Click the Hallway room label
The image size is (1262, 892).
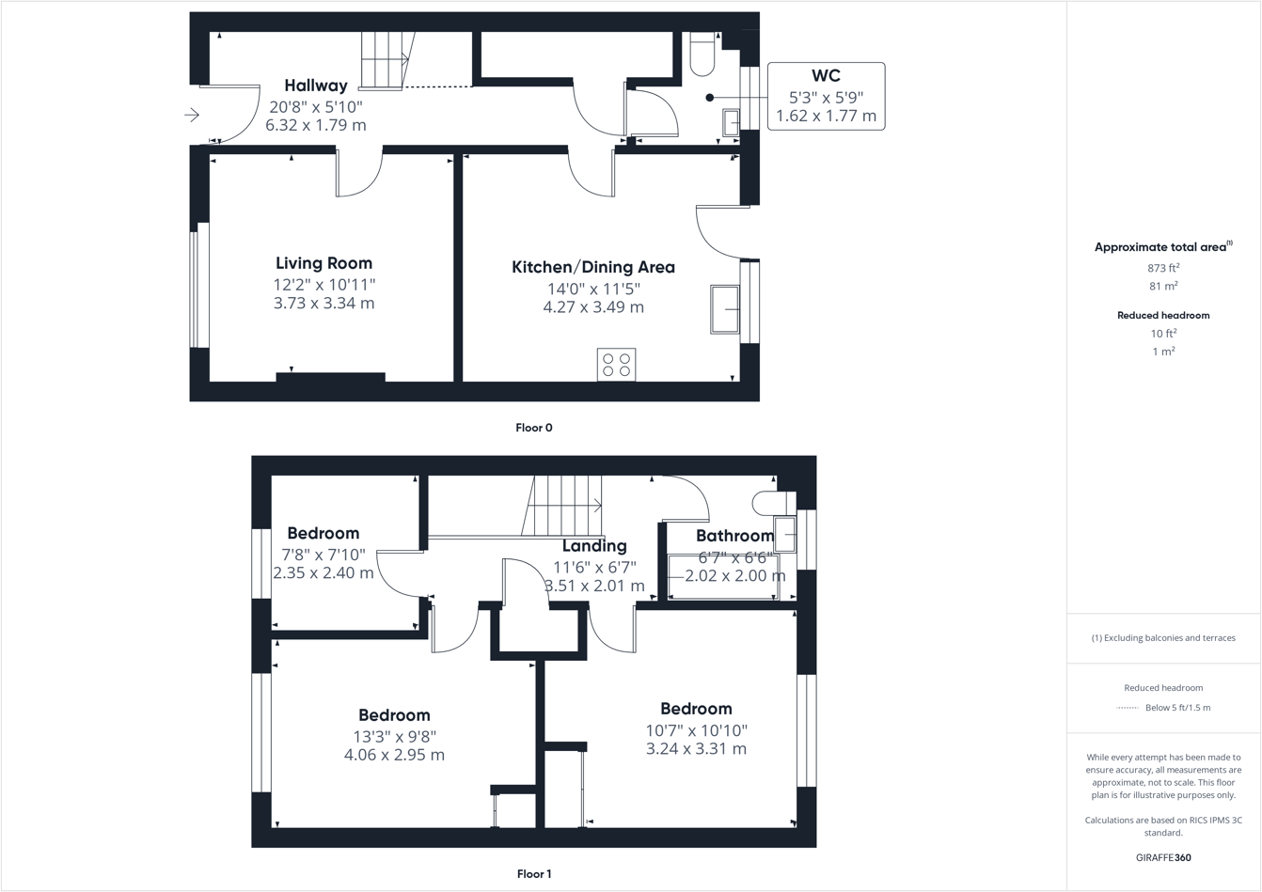(316, 86)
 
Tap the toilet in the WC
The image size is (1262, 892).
(702, 55)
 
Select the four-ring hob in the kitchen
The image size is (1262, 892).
(616, 365)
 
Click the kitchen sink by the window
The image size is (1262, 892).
(725, 309)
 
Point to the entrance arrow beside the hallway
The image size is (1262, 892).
(192, 115)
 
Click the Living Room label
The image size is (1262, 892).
(323, 263)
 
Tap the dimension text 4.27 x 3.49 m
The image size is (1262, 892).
(593, 307)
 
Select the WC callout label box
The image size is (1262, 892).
(826, 96)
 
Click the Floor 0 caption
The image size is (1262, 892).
(534, 428)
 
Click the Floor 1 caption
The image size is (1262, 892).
(534, 874)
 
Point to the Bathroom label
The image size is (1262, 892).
(734, 536)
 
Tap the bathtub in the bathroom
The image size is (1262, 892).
(723, 576)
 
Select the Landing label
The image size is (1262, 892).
(594, 546)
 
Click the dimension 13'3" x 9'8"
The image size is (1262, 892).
(395, 736)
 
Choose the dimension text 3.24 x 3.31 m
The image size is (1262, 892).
(696, 749)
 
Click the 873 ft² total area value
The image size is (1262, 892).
(1163, 268)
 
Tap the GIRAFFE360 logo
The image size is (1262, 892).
(1163, 857)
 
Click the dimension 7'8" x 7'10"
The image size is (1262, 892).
(323, 555)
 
